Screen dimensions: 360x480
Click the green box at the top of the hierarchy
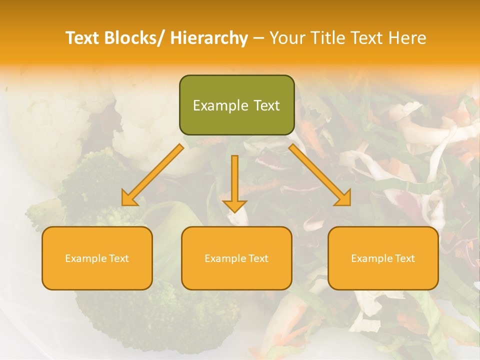point(236,105)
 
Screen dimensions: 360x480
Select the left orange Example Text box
point(97,258)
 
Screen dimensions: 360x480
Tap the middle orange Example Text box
point(236,258)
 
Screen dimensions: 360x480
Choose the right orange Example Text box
point(383,258)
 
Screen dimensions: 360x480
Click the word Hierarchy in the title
point(209,38)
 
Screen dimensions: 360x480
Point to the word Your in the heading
point(286,38)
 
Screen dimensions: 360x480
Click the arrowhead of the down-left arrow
point(129,199)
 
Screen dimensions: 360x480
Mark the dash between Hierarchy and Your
point(258,38)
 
